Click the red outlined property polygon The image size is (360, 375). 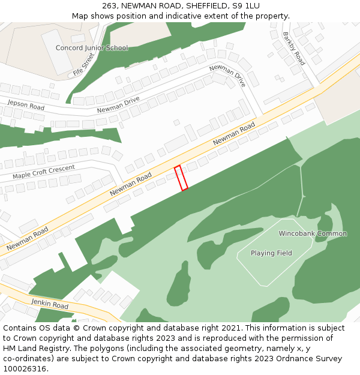coord(181,178)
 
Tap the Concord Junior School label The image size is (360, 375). coord(92,48)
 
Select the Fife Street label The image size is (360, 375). coord(84,64)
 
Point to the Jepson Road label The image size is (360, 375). coord(26,105)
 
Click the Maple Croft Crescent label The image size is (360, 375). coord(44,172)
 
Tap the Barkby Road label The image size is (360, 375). coord(294,49)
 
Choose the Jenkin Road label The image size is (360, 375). coord(50,305)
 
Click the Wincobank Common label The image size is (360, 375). coord(313,233)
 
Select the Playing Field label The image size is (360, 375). coord(271,253)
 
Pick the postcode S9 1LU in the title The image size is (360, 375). coord(245,6)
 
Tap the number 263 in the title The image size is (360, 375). coord(109,6)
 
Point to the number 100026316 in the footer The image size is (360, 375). coord(24,369)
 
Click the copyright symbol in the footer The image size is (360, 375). coord(74,328)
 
